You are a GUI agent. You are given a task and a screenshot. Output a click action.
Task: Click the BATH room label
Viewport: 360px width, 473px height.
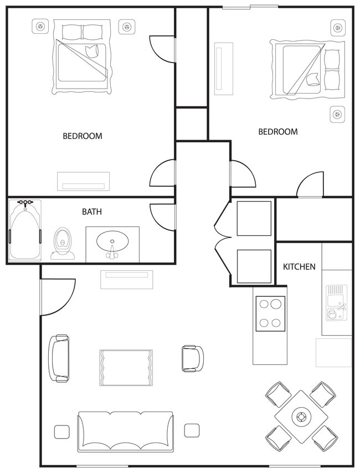point(92,212)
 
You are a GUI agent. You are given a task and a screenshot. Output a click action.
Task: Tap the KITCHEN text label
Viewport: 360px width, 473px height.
point(299,266)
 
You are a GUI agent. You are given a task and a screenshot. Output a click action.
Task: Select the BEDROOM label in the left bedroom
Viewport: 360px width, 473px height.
point(82,136)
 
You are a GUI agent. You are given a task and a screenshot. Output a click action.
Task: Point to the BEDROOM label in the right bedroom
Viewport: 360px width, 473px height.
point(277,132)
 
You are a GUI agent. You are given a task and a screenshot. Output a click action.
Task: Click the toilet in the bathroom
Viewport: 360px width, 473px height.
point(63,244)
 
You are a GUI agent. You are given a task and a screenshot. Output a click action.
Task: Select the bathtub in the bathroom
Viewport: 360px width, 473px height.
point(25,231)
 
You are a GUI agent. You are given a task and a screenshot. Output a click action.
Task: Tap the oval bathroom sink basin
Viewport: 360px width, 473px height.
point(112,242)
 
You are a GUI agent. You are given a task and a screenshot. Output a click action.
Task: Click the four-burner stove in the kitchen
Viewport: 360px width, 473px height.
point(270,313)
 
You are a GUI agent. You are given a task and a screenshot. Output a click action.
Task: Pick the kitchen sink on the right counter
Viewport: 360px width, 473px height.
point(336,302)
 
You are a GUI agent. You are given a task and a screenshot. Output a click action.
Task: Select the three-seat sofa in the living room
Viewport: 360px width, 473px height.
point(125,431)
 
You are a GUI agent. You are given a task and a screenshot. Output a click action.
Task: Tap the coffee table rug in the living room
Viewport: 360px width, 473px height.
point(126,367)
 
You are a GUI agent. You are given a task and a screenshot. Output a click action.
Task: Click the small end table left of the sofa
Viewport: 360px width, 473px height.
point(61,431)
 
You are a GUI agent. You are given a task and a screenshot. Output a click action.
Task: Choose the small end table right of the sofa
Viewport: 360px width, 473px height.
point(192,430)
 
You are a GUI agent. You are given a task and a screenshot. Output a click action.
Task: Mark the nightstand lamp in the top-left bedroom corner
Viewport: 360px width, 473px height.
point(39,26)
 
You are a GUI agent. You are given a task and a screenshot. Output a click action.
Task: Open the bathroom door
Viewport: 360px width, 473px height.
point(162,217)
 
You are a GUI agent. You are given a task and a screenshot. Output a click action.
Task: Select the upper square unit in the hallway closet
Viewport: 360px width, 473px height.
point(254,218)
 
